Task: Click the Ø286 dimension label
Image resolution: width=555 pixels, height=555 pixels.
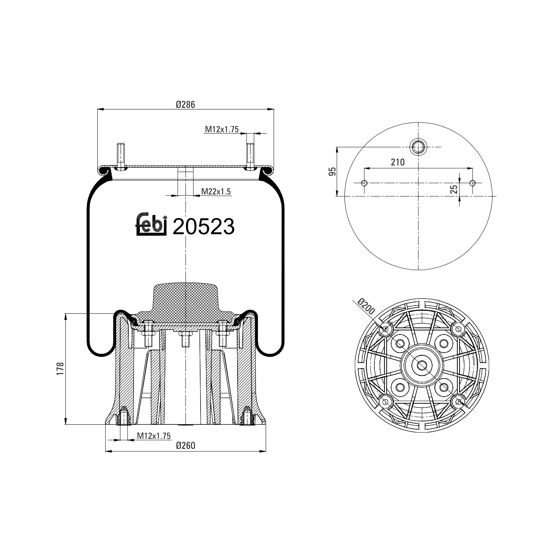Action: (x=185, y=104)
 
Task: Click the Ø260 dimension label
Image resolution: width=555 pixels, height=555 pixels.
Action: (x=185, y=446)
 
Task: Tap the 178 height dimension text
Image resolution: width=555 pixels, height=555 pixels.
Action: (x=61, y=369)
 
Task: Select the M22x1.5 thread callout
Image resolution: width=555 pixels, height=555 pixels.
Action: (x=216, y=191)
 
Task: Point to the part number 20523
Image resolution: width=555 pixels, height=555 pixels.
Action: (x=203, y=226)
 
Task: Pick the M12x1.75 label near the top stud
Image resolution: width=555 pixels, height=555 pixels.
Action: (x=222, y=129)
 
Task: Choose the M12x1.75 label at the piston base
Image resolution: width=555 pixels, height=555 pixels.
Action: (x=154, y=436)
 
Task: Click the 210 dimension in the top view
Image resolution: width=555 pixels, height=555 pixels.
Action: (x=398, y=162)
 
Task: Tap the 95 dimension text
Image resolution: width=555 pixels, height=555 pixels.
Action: (x=332, y=171)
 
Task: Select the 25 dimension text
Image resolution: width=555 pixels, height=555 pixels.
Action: (x=454, y=189)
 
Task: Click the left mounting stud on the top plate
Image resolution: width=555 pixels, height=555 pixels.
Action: (x=121, y=155)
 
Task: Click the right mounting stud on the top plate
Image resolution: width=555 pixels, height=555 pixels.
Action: (x=250, y=155)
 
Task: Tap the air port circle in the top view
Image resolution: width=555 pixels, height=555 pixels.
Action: (x=418, y=147)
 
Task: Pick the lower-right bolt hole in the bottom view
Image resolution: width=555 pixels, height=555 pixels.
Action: (x=458, y=401)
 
